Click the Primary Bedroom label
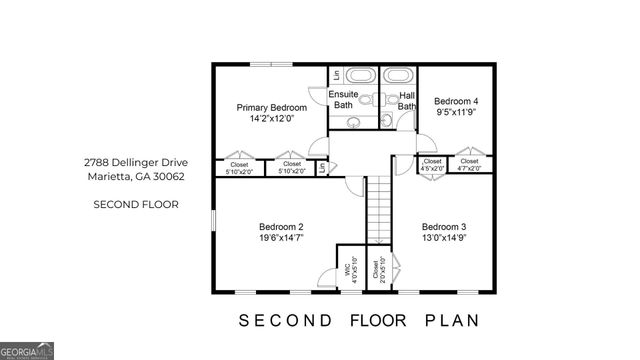pos(271,107)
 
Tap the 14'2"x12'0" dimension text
pos(271,119)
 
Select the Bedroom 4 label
pos(455,101)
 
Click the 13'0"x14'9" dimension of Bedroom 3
pos(443,238)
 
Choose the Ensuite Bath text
pos(343,99)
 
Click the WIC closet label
pos(348,268)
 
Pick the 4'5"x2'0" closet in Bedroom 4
pos(433,165)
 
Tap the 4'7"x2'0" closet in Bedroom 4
pos(469,165)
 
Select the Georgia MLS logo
pos(27,351)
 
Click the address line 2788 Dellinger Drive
pos(135,162)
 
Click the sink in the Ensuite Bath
pos(353,122)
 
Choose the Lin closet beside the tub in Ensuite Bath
pos(335,75)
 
